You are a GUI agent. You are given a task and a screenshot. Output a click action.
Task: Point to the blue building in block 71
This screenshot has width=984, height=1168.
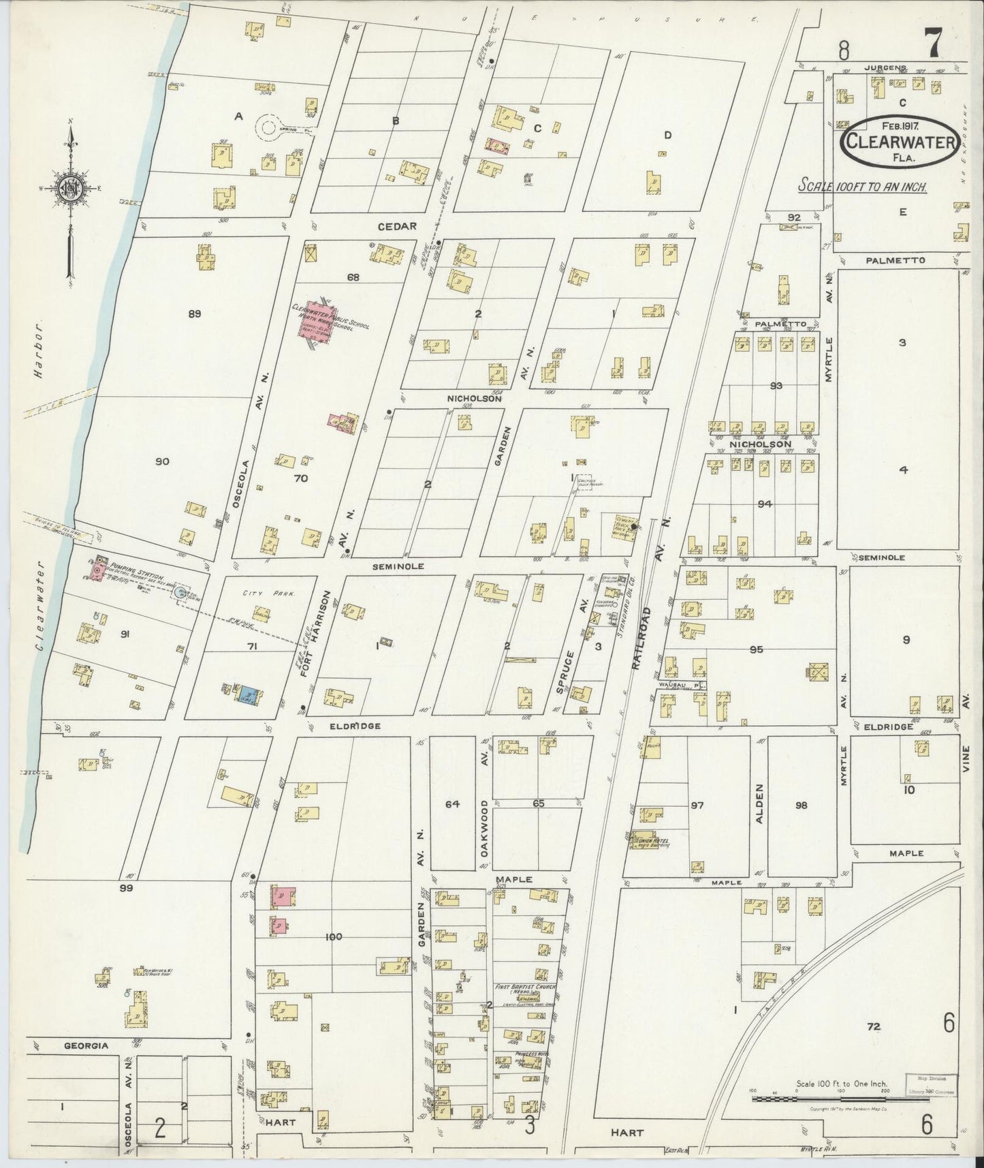245,696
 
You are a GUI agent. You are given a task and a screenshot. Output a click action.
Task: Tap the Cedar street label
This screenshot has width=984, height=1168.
398,227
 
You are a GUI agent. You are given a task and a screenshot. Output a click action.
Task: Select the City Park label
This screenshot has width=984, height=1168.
261,594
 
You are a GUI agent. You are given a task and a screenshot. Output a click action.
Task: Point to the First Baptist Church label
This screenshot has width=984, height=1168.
526,987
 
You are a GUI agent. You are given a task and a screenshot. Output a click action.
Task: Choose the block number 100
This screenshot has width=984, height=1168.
333,937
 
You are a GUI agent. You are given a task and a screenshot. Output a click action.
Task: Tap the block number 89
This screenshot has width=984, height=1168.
195,314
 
